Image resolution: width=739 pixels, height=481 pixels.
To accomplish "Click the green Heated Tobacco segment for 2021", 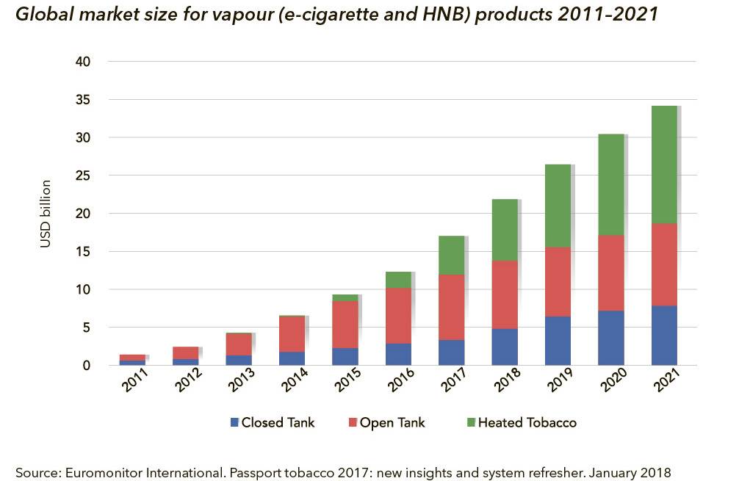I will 664,164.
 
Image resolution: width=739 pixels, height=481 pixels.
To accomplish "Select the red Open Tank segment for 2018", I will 505,294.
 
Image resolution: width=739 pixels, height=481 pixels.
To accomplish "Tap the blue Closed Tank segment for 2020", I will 611,338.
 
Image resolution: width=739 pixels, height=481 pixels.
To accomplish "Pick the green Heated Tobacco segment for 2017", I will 452,255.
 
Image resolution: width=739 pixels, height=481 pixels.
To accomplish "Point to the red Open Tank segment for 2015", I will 345,324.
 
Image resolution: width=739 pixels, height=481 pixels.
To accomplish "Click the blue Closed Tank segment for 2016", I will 398,354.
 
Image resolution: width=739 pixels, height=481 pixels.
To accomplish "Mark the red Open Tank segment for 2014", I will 292,334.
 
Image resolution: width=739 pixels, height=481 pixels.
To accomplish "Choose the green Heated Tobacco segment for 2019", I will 558,206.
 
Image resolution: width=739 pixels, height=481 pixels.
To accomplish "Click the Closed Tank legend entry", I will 272,422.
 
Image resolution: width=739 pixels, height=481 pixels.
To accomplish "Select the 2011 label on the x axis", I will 134,384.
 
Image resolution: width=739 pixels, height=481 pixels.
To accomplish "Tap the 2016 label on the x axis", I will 400,384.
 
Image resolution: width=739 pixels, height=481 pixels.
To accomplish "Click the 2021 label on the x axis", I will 666,384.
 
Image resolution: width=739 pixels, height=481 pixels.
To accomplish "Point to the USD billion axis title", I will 46,214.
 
